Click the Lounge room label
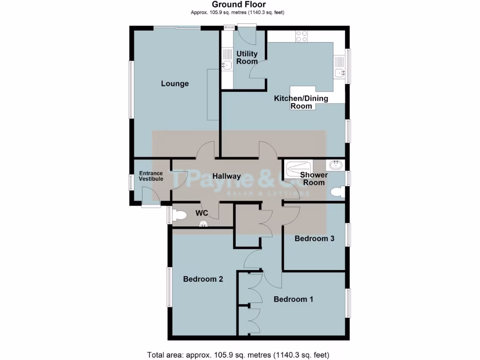click(x=174, y=84)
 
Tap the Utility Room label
click(x=247, y=58)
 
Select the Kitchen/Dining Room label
click(x=301, y=102)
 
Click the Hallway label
click(x=226, y=176)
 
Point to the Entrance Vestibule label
click(x=151, y=176)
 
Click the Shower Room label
click(x=314, y=179)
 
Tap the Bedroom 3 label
click(x=314, y=239)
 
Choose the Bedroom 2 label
click(x=202, y=279)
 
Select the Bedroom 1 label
click(x=293, y=299)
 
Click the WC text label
click(x=202, y=213)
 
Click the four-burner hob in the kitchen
click(x=301, y=37)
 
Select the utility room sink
click(x=226, y=65)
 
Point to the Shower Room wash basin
click(x=336, y=165)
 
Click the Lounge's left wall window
click(x=131, y=89)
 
